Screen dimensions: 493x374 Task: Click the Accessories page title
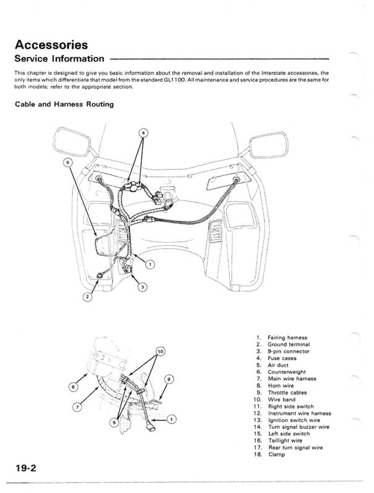coord(52,44)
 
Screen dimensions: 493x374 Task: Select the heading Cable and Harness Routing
coord(64,104)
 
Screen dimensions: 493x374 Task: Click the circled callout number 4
coord(143,133)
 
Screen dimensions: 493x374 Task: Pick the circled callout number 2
coord(88,297)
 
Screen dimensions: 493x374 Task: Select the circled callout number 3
coord(142,287)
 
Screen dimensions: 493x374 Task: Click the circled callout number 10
coord(161,352)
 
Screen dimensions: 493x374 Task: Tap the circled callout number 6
coord(74,387)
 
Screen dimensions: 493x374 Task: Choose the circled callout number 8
coord(169,379)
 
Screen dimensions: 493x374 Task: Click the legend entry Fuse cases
coord(283,358)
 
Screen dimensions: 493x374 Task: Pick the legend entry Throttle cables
coord(287,392)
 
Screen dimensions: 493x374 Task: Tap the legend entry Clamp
coord(276,455)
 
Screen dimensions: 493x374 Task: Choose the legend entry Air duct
coord(278,365)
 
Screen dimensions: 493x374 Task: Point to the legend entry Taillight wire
coord(285,440)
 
